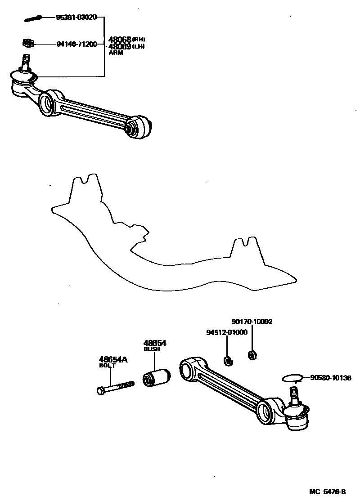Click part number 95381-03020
coord(76,18)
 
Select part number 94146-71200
coord(76,44)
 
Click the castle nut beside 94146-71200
coord(28,43)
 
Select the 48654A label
coord(113,359)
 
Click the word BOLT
coord(107,366)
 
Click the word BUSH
coord(152,349)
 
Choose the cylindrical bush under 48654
coord(157,377)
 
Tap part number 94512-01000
coord(227,332)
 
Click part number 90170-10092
coord(252,322)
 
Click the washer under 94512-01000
coord(228,360)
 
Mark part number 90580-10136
coord(330,378)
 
